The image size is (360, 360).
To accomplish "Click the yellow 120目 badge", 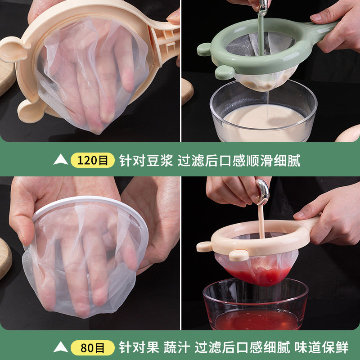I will click(x=92, y=160).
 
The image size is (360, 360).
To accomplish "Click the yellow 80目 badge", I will click(x=92, y=347).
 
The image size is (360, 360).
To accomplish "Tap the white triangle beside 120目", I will click(x=61, y=160).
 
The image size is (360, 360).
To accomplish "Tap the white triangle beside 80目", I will click(x=61, y=347).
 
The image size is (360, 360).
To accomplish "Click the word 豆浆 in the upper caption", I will click(x=160, y=160).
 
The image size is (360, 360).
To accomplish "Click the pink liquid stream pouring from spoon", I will click(x=261, y=220).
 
